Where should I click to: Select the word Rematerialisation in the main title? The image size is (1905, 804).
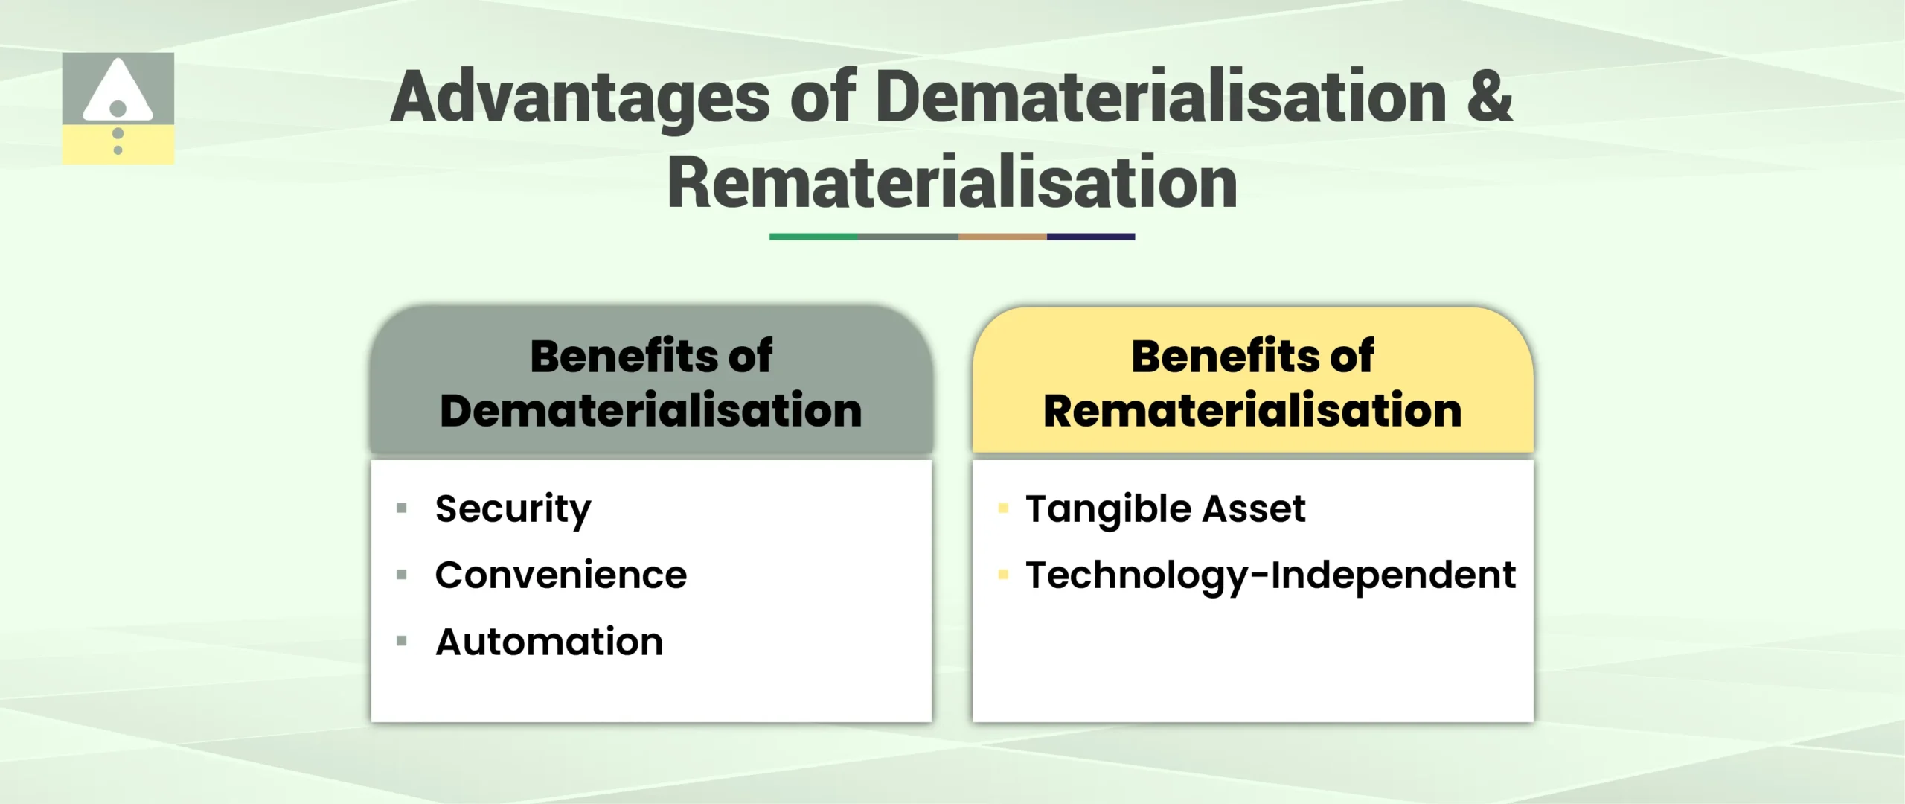coord(952,183)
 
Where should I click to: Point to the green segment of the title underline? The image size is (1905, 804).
coord(813,237)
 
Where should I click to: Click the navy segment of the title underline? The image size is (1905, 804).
coord(1091,237)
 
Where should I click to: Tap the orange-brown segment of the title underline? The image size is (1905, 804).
coord(1002,237)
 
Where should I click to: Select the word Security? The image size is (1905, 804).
coord(513,510)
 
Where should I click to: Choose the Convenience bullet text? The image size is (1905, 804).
coord(560,575)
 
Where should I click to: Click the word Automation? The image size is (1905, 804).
coord(549,642)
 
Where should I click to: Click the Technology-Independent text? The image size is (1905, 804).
coord(1270,575)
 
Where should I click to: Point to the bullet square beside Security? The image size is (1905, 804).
coord(402,508)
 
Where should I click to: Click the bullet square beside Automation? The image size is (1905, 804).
coord(402,640)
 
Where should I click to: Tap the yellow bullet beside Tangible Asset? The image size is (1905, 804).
coord(1003,508)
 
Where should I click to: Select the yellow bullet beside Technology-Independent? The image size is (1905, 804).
coord(1003,574)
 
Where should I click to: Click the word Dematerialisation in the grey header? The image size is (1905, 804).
coord(650,411)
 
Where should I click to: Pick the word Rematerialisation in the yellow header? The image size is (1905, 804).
coord(1252,411)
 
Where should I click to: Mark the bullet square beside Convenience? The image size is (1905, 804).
coord(402,574)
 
